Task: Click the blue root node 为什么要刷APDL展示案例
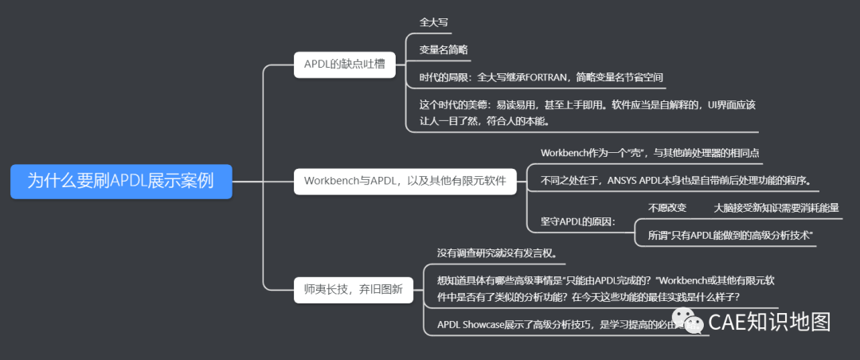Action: tap(121, 181)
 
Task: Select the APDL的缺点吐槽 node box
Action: tap(344, 64)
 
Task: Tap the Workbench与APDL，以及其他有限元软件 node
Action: tap(405, 181)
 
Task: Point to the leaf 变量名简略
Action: tap(444, 49)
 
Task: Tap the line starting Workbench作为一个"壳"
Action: tap(653, 152)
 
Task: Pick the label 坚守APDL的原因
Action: tap(577, 221)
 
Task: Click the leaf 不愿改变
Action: tap(667, 208)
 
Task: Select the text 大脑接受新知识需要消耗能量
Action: tap(776, 208)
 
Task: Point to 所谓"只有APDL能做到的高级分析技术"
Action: tap(729, 236)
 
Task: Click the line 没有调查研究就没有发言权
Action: tap(502, 253)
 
